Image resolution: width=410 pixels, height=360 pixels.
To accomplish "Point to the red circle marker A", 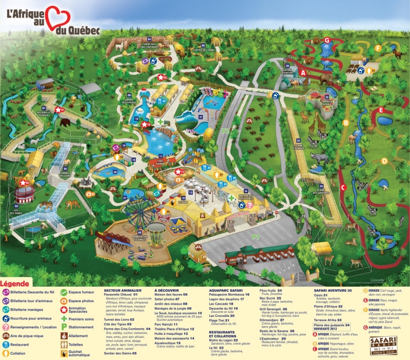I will click(x=303, y=73).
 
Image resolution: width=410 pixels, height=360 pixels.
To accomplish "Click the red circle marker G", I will click(x=326, y=39).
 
